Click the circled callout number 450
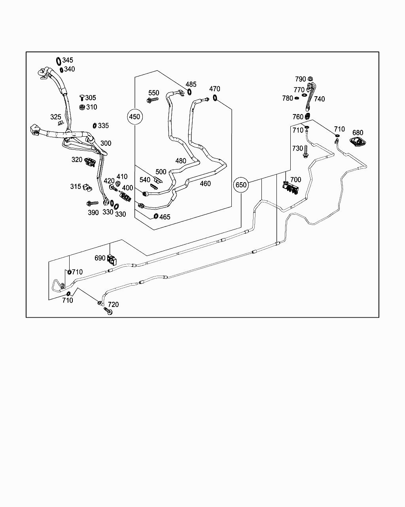pyautogui.click(x=134, y=116)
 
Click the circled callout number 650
pyautogui.click(x=241, y=185)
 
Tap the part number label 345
pyautogui.click(x=68, y=60)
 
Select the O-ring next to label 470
pyautogui.click(x=215, y=97)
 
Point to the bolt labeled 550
pyautogui.click(x=152, y=100)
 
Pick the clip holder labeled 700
pyautogui.click(x=291, y=188)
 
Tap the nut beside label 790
pyautogui.click(x=310, y=78)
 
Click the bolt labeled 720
pyautogui.click(x=108, y=311)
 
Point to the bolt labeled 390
pyautogui.click(x=93, y=203)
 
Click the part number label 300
pyautogui.click(x=106, y=143)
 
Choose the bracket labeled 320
pyautogui.click(x=90, y=162)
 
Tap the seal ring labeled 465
pyautogui.click(x=156, y=216)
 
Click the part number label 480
pyautogui.click(x=181, y=161)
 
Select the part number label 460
pyautogui.click(x=205, y=183)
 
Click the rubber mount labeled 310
pyautogui.click(x=82, y=107)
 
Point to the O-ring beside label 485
pyautogui.click(x=189, y=92)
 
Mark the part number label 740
pyautogui.click(x=319, y=99)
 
